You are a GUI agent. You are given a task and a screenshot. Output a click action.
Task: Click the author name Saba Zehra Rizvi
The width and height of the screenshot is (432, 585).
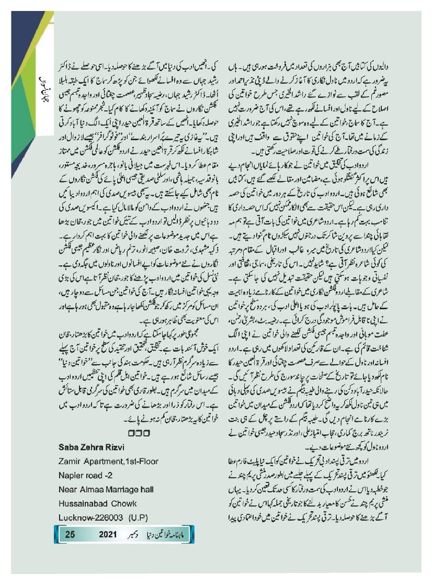(x=94, y=447)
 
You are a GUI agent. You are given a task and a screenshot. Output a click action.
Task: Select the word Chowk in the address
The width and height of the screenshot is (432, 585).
(x=124, y=503)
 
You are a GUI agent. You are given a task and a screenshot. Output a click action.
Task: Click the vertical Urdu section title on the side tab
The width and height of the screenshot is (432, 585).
(x=44, y=84)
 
